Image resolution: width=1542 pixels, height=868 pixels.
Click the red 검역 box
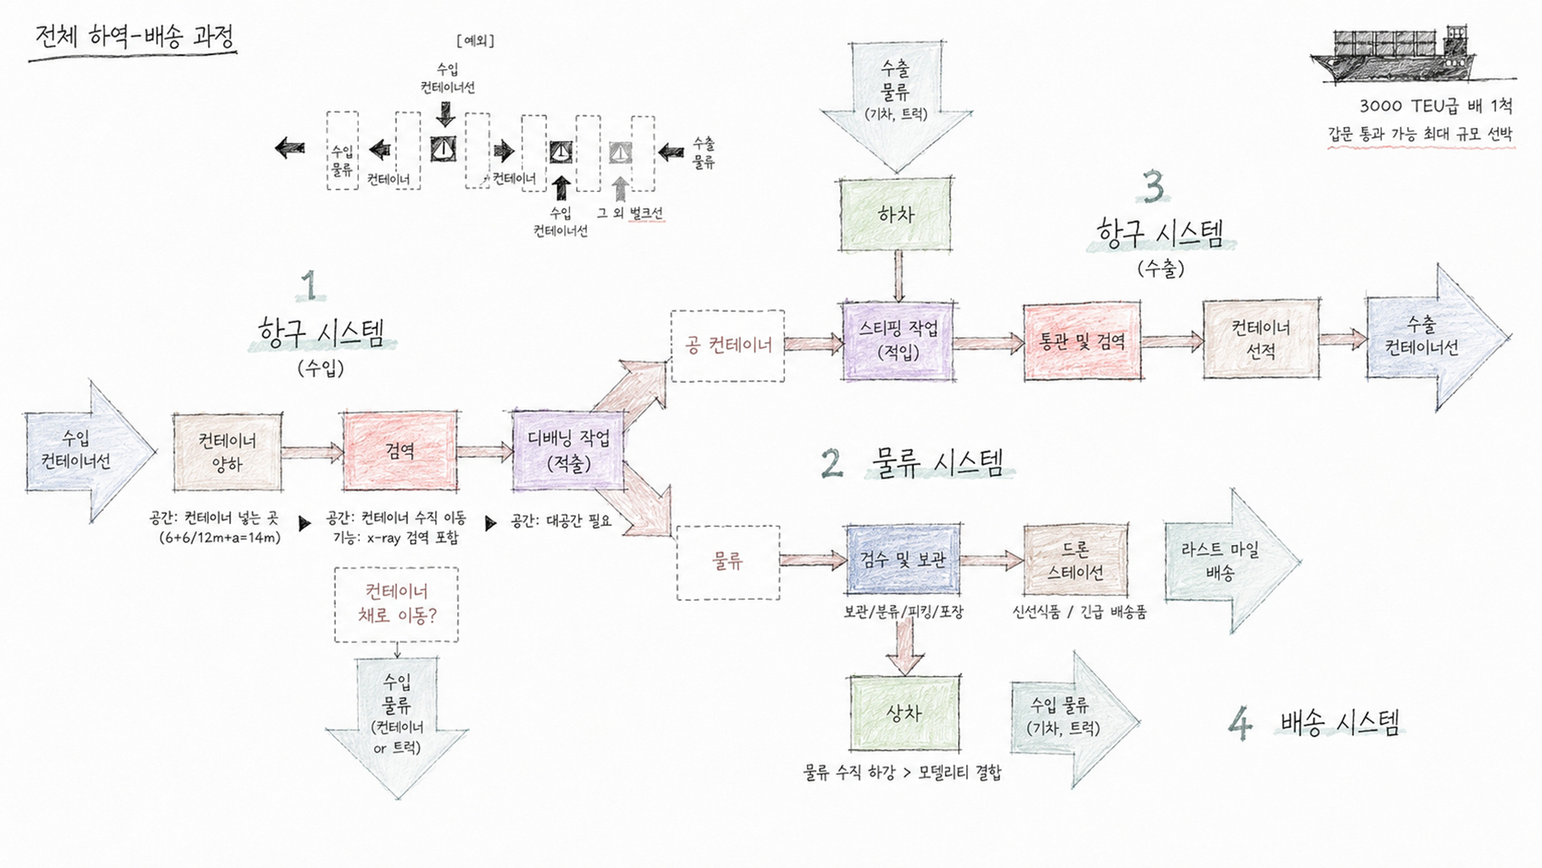coord(400,451)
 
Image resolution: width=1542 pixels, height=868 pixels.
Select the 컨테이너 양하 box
coord(227,452)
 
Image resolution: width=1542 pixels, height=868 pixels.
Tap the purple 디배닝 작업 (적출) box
coord(568,450)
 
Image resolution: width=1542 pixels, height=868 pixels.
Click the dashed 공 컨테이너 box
coord(728,345)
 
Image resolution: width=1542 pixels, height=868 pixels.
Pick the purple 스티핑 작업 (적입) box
coord(898,341)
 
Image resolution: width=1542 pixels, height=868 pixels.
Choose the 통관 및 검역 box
coord(1082,342)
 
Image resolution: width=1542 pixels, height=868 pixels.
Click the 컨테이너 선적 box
coord(1261,339)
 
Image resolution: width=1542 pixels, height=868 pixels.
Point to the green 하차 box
coord(896,214)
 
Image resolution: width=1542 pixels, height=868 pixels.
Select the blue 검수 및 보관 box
coord(903,560)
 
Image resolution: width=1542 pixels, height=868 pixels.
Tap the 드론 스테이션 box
coord(1075,560)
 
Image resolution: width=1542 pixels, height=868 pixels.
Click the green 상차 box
coord(904,713)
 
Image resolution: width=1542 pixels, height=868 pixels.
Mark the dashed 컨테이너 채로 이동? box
coord(396,605)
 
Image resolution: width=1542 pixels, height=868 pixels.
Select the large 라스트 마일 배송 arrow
coord(1231,561)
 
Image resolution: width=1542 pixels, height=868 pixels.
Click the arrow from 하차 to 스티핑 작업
coord(898,277)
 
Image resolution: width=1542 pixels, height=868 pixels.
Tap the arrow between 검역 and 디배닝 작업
coord(485,451)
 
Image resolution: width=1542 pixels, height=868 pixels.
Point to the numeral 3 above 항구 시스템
coord(1153,186)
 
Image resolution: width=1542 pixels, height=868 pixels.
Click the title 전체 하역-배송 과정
coord(134,37)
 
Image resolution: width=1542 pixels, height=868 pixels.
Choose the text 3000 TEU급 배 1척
coord(1436,106)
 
